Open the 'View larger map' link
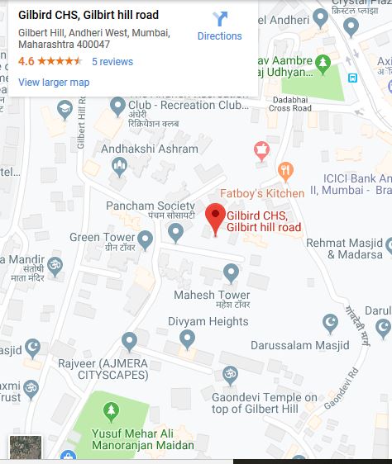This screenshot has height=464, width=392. (54, 82)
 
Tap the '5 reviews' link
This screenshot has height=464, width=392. (112, 62)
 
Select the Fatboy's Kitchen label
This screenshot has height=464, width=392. (262, 193)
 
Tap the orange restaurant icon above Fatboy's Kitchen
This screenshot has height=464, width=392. (286, 172)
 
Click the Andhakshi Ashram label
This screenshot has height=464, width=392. (150, 149)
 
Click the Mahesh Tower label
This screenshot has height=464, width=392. (212, 295)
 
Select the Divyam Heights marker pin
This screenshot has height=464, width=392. (188, 338)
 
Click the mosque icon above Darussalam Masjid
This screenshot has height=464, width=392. (330, 322)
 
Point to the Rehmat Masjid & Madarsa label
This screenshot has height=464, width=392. (344, 249)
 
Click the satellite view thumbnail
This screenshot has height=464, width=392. (26, 447)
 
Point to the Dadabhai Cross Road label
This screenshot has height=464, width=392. (284, 107)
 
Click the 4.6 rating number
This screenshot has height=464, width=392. (26, 62)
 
